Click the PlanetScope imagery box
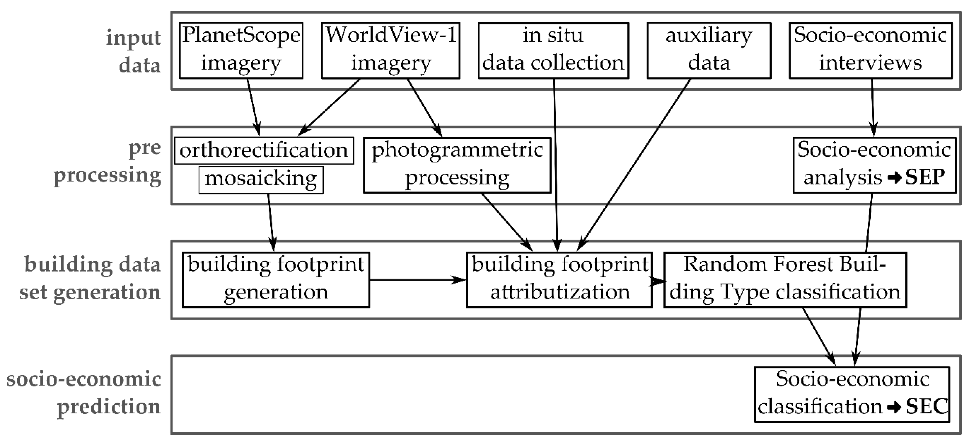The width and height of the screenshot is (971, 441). (241, 51)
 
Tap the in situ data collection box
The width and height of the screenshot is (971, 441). (553, 51)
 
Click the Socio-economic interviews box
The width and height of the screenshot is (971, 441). (870, 51)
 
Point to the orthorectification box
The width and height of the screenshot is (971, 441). (264, 151)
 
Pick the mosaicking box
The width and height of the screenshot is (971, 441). (261, 180)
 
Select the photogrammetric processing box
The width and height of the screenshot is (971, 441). (457, 165)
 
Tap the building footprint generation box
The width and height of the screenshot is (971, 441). (276, 280)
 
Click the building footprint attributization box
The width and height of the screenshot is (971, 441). (559, 280)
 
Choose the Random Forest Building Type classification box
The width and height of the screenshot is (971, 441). (785, 280)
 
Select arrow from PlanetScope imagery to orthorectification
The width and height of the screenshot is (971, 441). (254, 107)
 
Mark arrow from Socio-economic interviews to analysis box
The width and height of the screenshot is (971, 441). (873, 107)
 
